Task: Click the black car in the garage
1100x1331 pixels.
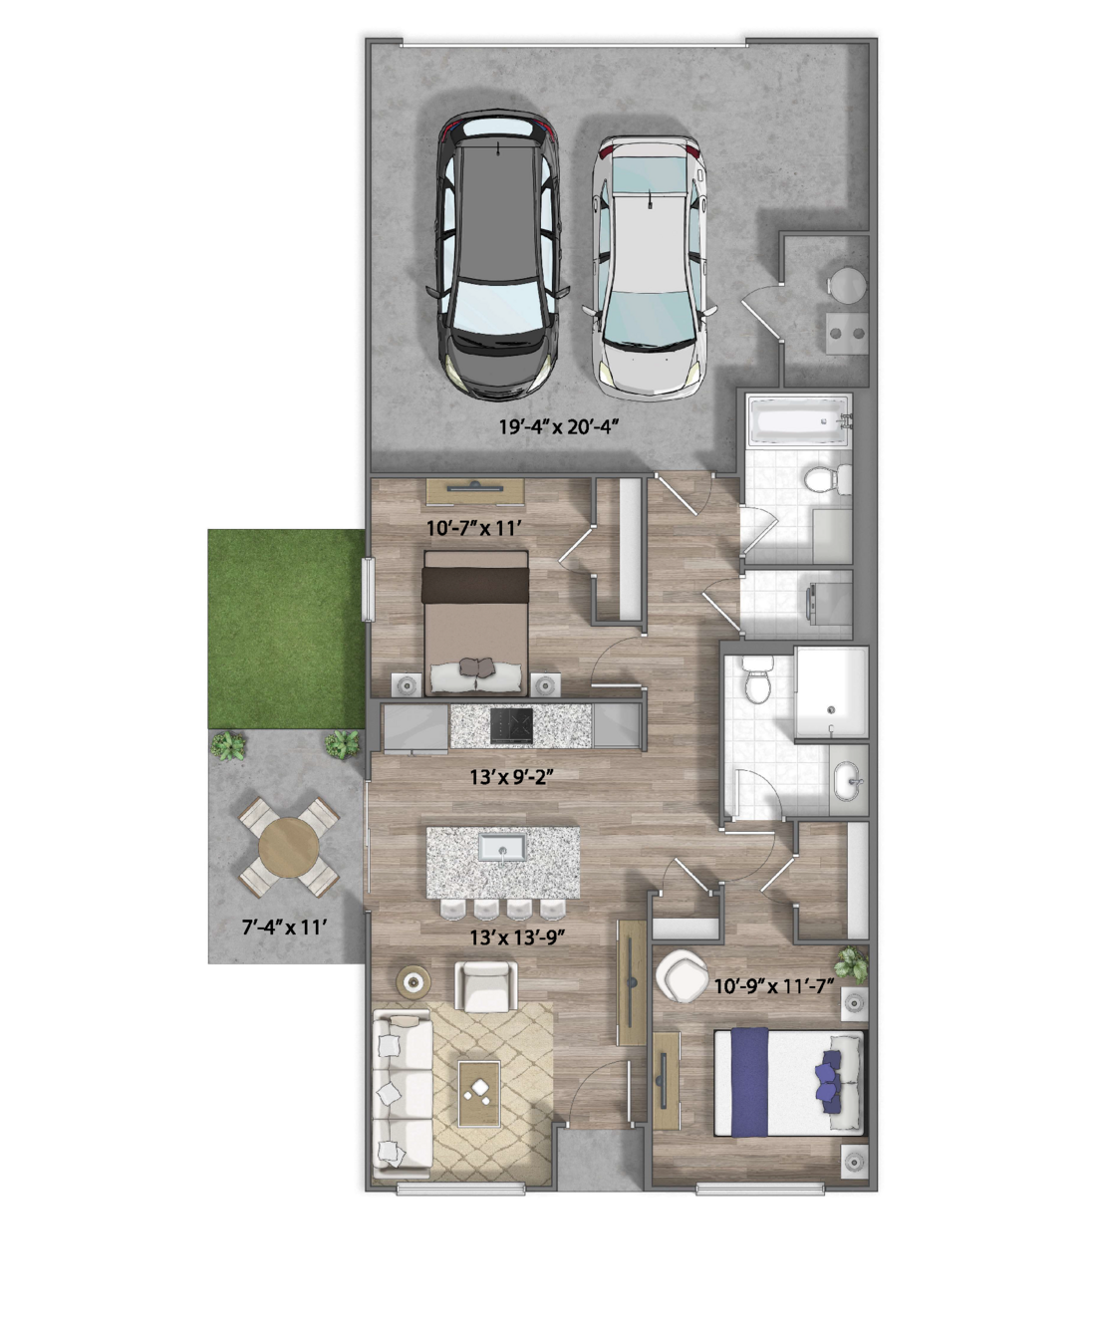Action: coord(497,256)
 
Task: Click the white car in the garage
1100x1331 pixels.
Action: coord(650,268)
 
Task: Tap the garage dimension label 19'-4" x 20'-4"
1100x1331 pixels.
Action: coord(560,426)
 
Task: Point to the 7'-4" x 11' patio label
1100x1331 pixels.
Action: coord(284,927)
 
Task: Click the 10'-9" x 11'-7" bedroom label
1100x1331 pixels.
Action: coord(774,986)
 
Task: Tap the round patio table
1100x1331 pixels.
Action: coord(289,847)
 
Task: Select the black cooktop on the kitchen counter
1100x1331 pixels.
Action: coord(511,726)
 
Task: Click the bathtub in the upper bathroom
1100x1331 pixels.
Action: coord(800,420)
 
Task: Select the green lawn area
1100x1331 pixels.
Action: coord(286,629)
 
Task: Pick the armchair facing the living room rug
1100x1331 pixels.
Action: coord(486,986)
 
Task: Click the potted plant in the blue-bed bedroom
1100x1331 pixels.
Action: coord(852,963)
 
